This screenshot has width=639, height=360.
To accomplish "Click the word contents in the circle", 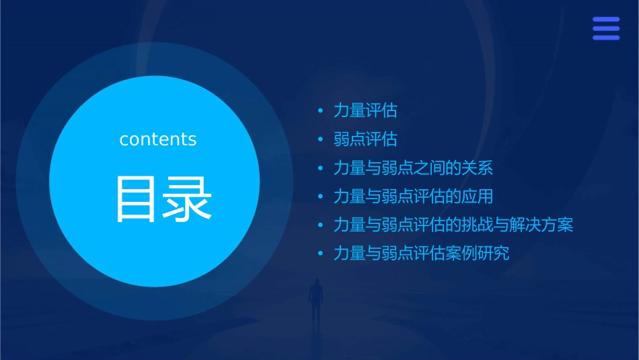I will coord(158,139).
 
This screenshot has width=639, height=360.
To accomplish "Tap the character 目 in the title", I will coord(137,199).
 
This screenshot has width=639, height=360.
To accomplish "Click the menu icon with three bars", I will coord(605,28).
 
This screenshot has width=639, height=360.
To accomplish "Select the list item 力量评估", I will coord(365,110).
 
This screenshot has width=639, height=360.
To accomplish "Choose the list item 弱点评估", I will coord(365,139).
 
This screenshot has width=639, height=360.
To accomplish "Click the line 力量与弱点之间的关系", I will coord(413,168).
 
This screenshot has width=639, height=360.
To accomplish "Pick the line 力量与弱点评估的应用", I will coord(413,196).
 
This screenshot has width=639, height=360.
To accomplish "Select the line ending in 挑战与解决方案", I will coord(453,225).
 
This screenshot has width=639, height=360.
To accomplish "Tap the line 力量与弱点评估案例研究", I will coord(421,254).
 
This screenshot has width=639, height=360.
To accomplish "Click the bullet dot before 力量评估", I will coord(321,110).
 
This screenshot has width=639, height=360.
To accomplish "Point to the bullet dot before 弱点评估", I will coord(321,139).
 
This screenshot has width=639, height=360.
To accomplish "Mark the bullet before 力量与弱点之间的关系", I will coord(321,168).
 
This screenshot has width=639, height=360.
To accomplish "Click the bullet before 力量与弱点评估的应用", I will coord(321,196).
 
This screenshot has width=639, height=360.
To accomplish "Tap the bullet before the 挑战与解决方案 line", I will coord(321,225).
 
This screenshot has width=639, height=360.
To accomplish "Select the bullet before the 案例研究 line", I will coord(321,254).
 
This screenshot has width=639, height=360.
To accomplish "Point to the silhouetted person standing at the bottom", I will coord(315,300).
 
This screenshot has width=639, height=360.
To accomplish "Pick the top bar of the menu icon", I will coord(605,19).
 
